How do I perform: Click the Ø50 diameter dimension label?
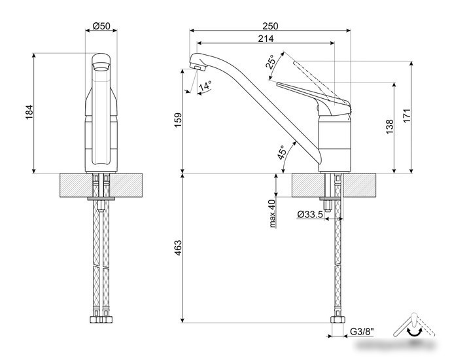tap(101, 26)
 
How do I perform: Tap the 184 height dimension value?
tap(29, 113)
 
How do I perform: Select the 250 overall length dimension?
tap(270, 26)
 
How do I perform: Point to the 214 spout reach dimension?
tap(266, 39)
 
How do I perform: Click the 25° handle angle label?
tap(271, 62)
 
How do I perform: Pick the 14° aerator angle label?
tap(205, 86)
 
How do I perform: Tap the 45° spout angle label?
tap(282, 153)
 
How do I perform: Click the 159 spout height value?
tap(178, 120)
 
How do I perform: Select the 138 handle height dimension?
tap(389, 127)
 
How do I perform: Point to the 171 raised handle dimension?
tap(407, 116)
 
